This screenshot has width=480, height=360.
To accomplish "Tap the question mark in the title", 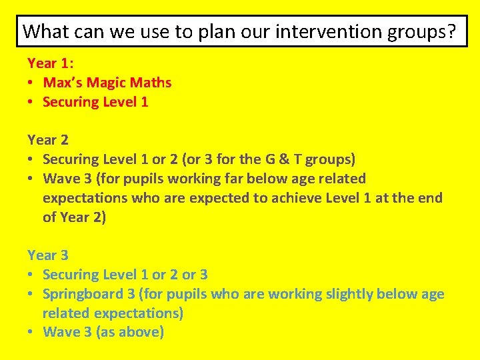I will coord(453,31).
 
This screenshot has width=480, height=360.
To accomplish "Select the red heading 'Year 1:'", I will coord(51,63).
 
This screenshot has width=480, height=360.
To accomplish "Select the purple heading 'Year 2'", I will coord(48,140).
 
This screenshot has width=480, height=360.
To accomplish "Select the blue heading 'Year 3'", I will coord(48,255).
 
